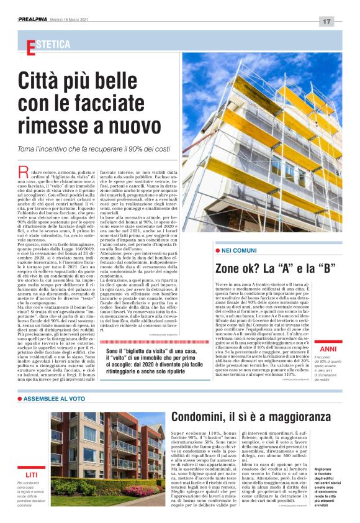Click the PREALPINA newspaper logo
click(x=34, y=20)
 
